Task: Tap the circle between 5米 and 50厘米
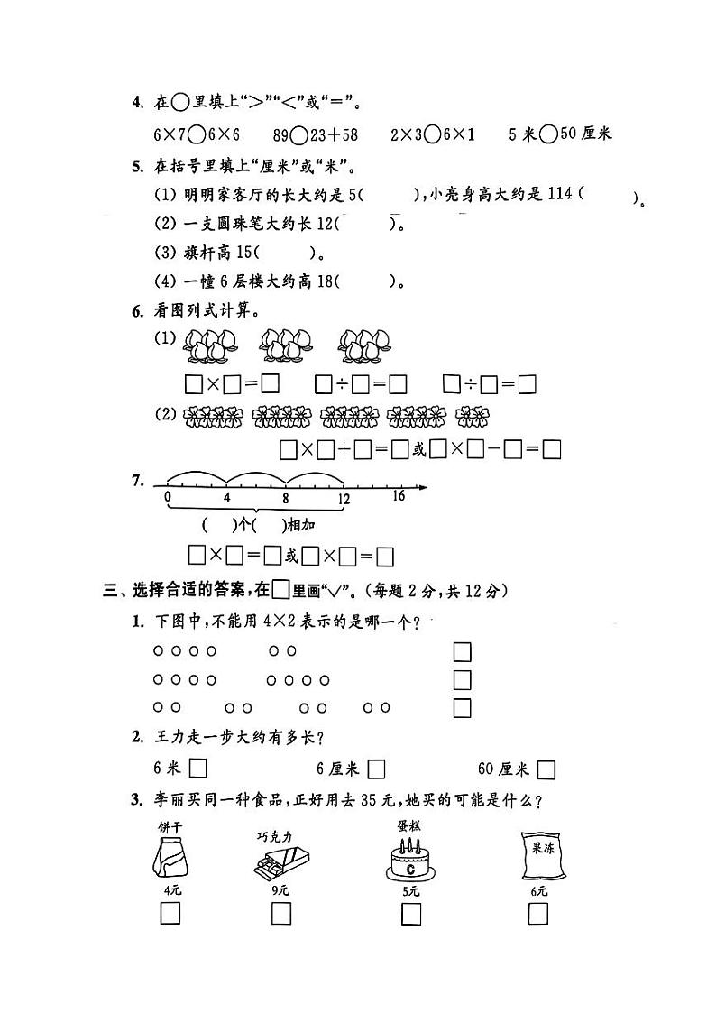point(547,134)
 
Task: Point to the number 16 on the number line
point(399,495)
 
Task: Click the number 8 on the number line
point(285,497)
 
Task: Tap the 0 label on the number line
point(168,497)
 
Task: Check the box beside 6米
point(198,769)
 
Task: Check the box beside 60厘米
point(546,769)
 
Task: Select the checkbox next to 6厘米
point(377,769)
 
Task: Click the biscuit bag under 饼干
point(169,856)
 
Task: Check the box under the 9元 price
point(280,914)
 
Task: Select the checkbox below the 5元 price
point(411,914)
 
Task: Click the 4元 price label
point(171,890)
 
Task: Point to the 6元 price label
point(539,891)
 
